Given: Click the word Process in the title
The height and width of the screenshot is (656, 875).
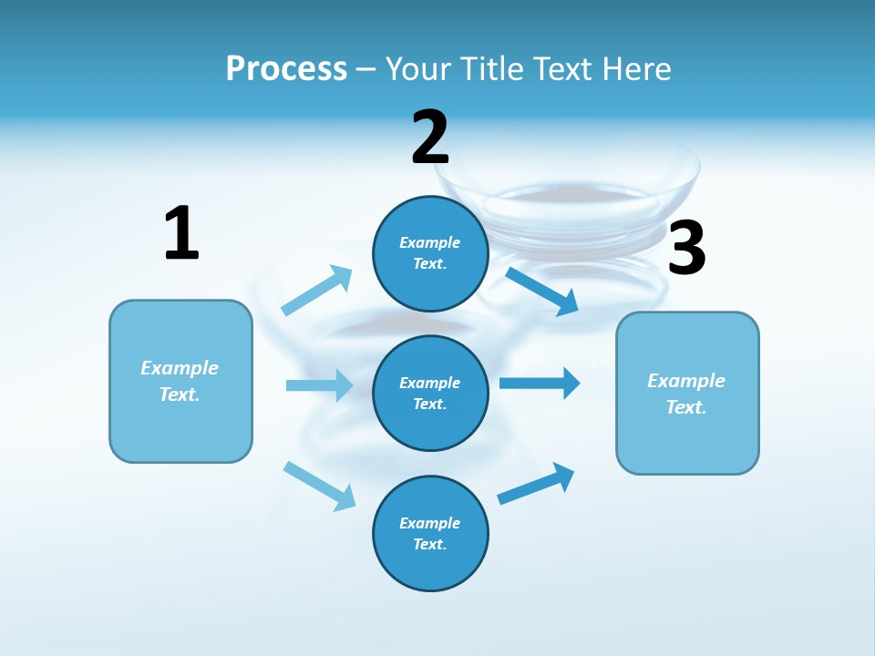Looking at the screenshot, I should point(286,69).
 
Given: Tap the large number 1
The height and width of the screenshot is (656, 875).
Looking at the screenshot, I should point(181,233).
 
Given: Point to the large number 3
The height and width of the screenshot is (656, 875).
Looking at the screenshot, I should point(686,248).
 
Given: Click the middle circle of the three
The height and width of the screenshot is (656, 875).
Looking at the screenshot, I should point(430,393).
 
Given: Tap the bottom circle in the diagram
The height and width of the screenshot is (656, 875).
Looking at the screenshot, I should point(430,533).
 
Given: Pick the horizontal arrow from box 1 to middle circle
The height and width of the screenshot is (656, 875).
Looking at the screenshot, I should point(319,385).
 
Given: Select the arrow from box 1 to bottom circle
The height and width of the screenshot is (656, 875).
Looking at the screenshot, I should point(319,486).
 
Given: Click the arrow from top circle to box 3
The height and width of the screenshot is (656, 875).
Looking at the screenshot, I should point(542,291).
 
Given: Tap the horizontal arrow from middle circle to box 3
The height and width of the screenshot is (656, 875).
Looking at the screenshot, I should point(540,383).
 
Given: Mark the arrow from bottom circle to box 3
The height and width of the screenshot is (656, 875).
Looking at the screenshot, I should point(536,483).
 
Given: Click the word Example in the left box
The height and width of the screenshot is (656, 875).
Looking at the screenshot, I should point(180,368).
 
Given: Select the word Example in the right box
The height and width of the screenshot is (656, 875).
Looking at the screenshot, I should point(686,381).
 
